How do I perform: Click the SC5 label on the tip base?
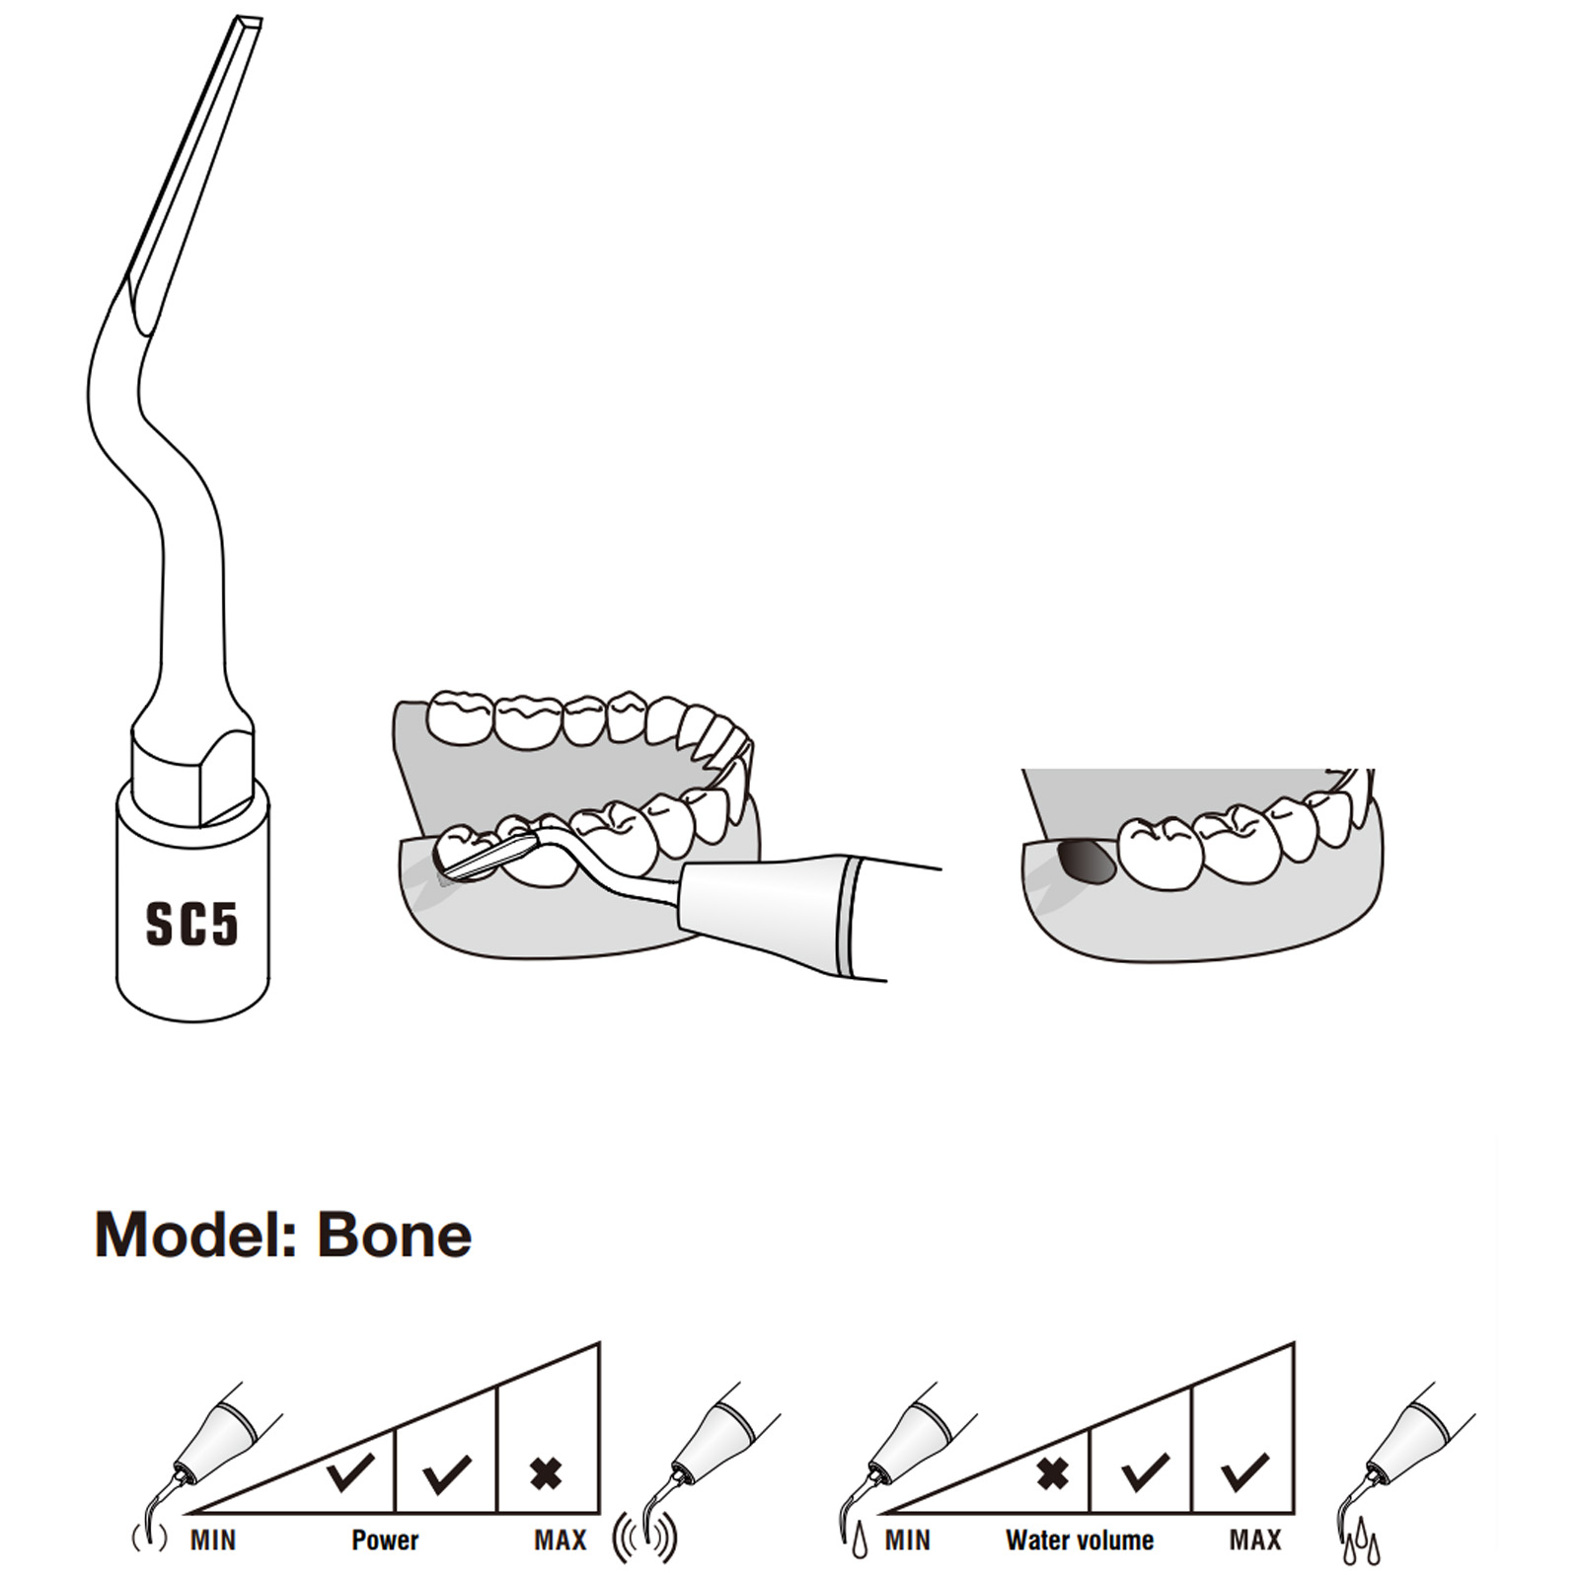pyautogui.click(x=192, y=925)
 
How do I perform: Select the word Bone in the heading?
pyautogui.click(x=395, y=1235)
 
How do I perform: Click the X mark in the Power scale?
pyautogui.click(x=546, y=1474)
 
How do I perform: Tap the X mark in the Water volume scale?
pyautogui.click(x=1053, y=1474)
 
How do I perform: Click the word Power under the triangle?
pyautogui.click(x=385, y=1541)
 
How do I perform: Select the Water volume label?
pyautogui.click(x=1080, y=1541)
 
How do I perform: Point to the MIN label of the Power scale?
pyautogui.click(x=213, y=1541)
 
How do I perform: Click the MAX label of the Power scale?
pyautogui.click(x=561, y=1541)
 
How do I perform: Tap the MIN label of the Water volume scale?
pyautogui.click(x=908, y=1541)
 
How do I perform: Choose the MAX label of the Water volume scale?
pyautogui.click(x=1255, y=1541)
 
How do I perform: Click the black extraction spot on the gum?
pyautogui.click(x=1086, y=861)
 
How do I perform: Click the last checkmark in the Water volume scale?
pyautogui.click(x=1245, y=1472)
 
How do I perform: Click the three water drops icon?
pyautogui.click(x=1361, y=1541)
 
